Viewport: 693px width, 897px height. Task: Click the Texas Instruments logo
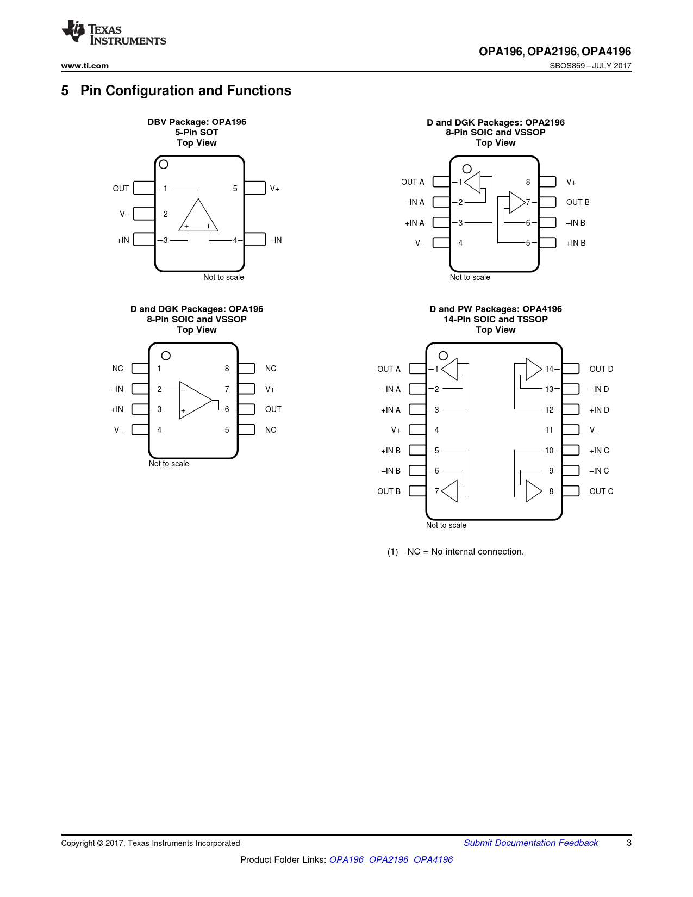click(114, 33)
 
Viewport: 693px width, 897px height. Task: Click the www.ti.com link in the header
click(85, 66)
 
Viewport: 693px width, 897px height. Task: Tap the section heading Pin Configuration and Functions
click(185, 90)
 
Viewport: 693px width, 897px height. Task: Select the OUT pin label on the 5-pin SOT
click(121, 189)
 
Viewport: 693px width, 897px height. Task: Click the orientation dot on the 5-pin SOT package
click(163, 164)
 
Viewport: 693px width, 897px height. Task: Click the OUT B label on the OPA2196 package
click(577, 202)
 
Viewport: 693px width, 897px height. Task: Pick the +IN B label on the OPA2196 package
click(576, 243)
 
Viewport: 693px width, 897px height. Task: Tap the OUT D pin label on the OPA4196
click(601, 369)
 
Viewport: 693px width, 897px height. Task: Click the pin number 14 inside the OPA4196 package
click(549, 369)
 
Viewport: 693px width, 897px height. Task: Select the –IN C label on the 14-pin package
click(599, 471)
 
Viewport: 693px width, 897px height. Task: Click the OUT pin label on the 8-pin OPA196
click(273, 409)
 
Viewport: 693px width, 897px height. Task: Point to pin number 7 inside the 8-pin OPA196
click(227, 389)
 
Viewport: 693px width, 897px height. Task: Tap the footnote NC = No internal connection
click(465, 552)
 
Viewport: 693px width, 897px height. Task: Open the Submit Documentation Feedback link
click(530, 843)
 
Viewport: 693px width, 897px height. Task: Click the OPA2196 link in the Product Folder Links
click(388, 859)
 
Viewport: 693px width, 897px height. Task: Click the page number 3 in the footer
click(629, 843)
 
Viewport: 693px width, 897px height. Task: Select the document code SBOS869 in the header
click(567, 66)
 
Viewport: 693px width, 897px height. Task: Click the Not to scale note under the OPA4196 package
click(446, 525)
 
